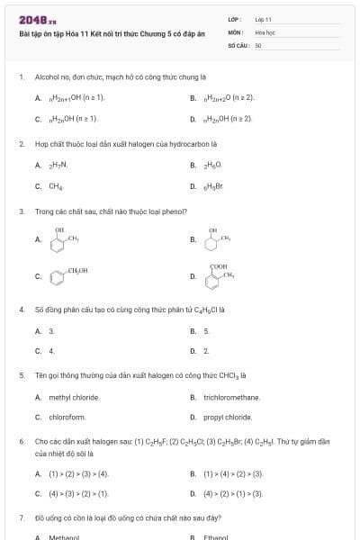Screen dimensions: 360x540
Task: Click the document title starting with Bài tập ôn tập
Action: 108,32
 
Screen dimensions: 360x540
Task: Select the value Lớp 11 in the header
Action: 263,19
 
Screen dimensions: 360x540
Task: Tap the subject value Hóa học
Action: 265,31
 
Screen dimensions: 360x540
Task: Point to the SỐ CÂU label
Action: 238,44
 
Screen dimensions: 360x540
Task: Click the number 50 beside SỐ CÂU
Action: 258,44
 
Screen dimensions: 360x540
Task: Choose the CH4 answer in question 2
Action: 55,186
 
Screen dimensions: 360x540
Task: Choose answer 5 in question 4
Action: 206,331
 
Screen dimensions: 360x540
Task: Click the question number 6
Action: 21,442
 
